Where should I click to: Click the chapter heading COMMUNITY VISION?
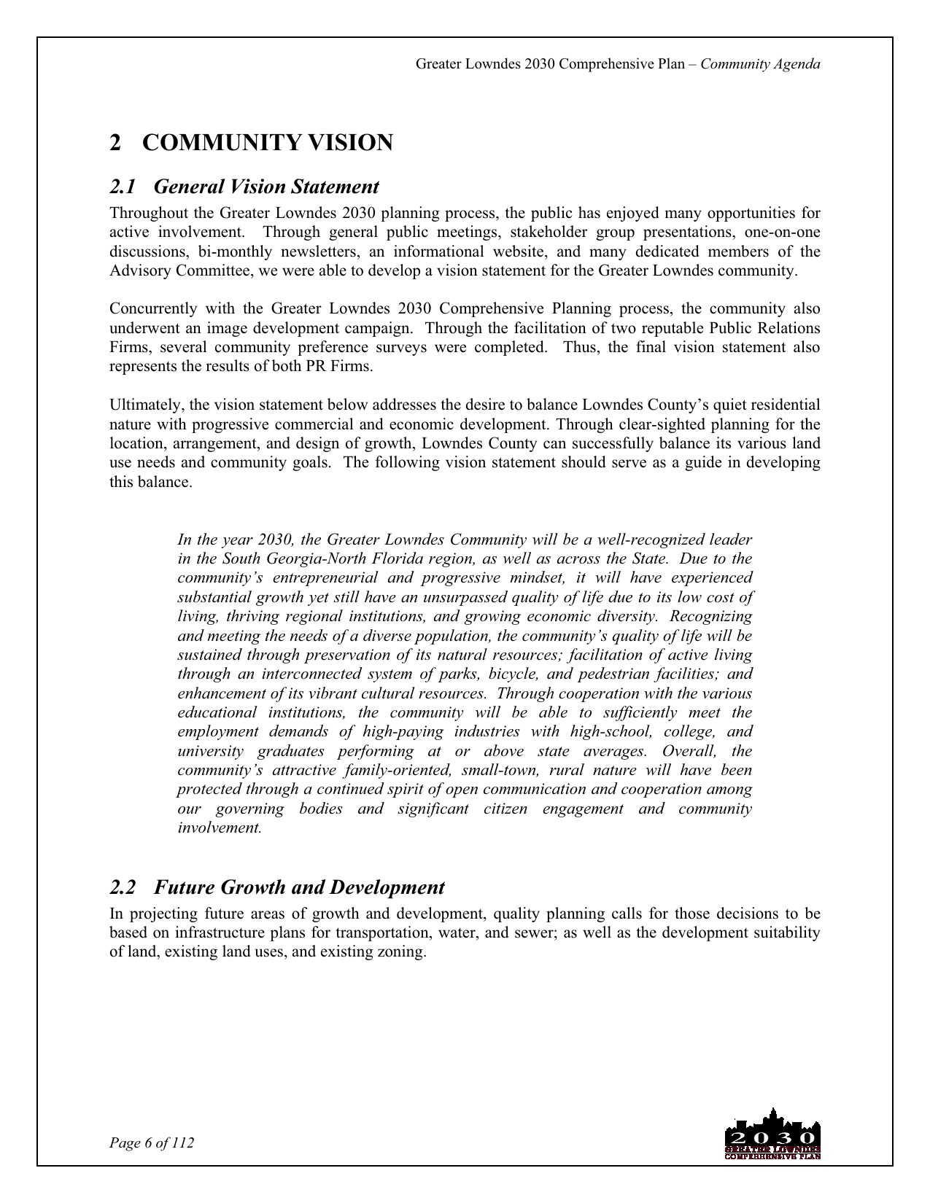267,143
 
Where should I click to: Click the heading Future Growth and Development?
299,888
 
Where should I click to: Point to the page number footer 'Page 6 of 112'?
152,1142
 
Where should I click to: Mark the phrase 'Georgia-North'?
311,559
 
